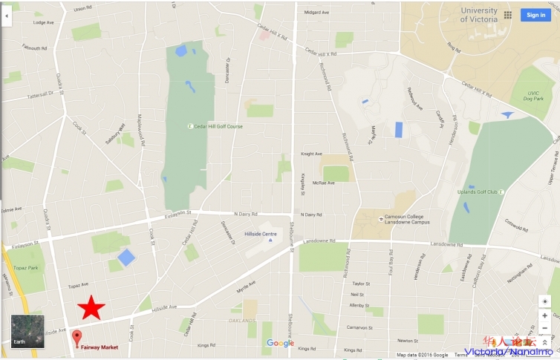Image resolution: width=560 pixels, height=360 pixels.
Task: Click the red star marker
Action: [91, 307]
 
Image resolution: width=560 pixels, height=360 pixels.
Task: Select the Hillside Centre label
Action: [260, 234]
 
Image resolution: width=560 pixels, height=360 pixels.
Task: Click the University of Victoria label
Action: [479, 15]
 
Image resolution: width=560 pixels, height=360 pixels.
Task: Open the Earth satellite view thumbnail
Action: [27, 331]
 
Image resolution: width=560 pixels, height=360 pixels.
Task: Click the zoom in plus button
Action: [545, 315]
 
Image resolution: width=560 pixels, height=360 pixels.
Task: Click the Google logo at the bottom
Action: [280, 343]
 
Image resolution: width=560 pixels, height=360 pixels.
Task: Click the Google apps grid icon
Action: [508, 15]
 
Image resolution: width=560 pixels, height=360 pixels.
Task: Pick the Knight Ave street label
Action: [311, 154]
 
